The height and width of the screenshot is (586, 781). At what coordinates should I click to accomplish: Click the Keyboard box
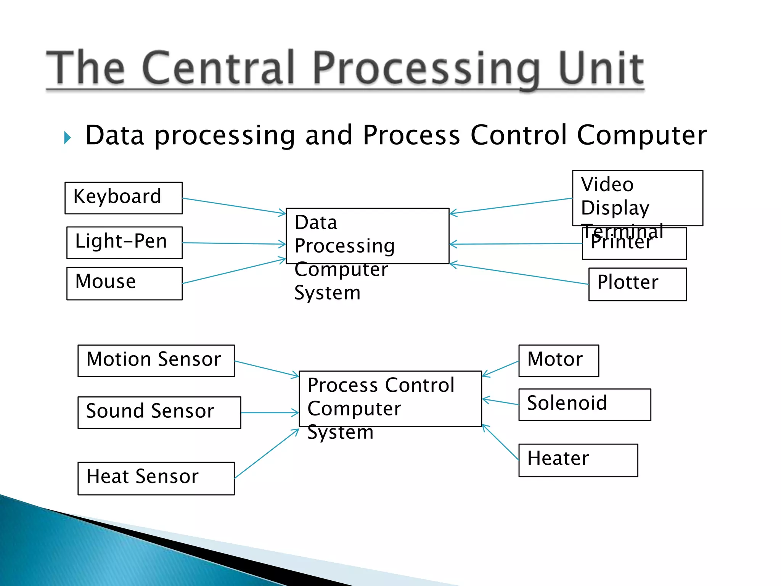124,198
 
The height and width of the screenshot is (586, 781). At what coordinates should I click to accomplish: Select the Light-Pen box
124,243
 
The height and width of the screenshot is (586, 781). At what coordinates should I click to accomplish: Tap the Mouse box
124,283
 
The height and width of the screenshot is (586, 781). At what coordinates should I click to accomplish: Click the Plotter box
637,284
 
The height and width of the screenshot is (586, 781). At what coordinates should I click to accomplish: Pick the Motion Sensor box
156,361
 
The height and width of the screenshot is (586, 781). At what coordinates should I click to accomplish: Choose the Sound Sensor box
159,412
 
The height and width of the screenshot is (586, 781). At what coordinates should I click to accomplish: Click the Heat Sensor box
156,478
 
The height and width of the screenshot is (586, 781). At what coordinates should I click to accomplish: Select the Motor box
558,361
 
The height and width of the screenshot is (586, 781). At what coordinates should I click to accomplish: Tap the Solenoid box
584,404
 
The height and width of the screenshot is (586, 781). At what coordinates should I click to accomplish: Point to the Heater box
578,460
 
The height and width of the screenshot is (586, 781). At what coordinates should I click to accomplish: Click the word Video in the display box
607,185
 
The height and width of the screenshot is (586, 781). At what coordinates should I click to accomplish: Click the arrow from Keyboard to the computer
234,206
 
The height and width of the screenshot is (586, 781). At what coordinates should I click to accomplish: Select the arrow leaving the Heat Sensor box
267,454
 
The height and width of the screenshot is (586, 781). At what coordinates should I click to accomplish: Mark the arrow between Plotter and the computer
519,274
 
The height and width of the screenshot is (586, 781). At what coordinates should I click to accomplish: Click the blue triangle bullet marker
68,138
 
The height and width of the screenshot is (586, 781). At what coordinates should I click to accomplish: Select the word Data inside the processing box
316,222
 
